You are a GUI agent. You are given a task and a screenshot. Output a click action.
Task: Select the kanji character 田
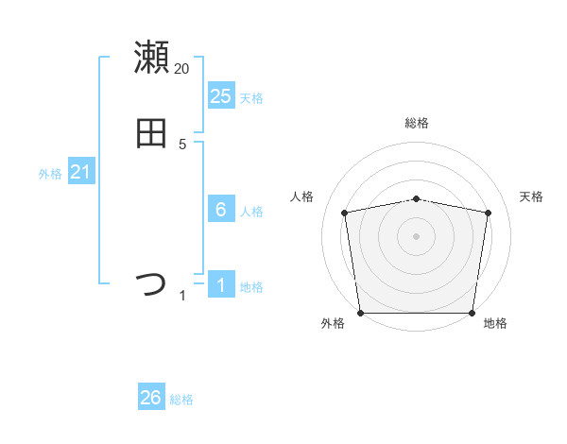tap(151, 134)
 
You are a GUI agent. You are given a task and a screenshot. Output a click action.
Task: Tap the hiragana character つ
tap(151, 284)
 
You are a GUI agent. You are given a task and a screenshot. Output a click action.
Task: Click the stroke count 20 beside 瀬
tap(182, 69)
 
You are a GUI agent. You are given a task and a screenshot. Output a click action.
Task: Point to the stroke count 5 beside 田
tap(182, 145)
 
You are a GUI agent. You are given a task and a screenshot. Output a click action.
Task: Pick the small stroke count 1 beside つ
tap(182, 297)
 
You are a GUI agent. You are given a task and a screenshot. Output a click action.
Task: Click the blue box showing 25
tap(220, 96)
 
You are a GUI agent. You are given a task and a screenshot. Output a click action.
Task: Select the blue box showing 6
tap(220, 210)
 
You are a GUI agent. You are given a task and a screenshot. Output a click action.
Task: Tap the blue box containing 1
tap(220, 285)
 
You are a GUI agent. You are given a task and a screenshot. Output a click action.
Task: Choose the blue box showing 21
tap(80, 172)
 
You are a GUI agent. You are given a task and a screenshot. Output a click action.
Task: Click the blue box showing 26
tap(150, 398)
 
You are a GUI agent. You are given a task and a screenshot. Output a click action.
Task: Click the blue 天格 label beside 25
tap(251, 98)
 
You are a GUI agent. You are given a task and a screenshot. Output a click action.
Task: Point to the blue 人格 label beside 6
tap(251, 212)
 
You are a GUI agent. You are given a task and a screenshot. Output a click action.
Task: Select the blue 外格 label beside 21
tap(50, 174)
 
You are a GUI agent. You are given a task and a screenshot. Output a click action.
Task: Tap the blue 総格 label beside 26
tap(181, 400)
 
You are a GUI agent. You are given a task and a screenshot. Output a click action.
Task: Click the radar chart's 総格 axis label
tap(417, 123)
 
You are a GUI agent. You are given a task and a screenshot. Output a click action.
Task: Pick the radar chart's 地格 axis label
tap(495, 323)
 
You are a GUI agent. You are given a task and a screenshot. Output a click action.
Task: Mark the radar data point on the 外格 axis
tap(360, 313)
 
